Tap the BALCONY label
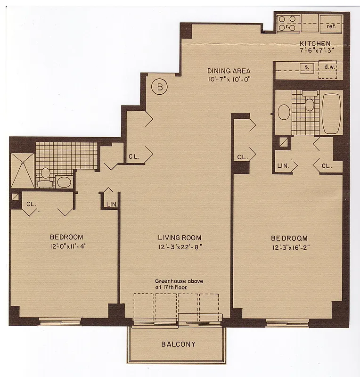178,344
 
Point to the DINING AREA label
229,71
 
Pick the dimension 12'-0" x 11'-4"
66,245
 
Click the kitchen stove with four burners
288,23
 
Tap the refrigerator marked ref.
330,24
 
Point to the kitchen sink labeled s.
306,67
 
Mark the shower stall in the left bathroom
22,170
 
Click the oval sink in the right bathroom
284,112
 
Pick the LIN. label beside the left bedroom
111,204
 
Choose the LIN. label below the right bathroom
283,166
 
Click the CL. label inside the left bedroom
31,204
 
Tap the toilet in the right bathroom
309,103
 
